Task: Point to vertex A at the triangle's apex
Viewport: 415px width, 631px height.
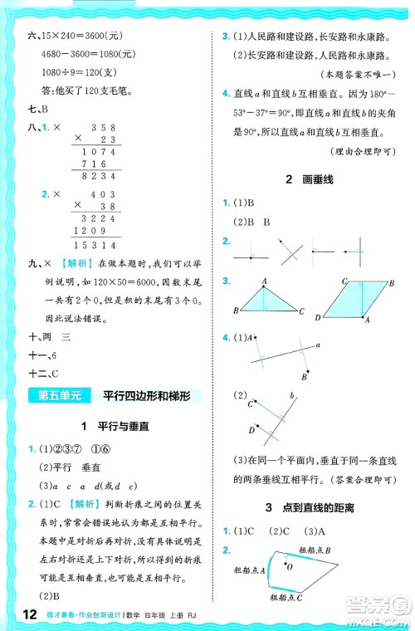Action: click(x=264, y=281)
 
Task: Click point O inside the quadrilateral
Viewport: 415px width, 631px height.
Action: click(x=289, y=567)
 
